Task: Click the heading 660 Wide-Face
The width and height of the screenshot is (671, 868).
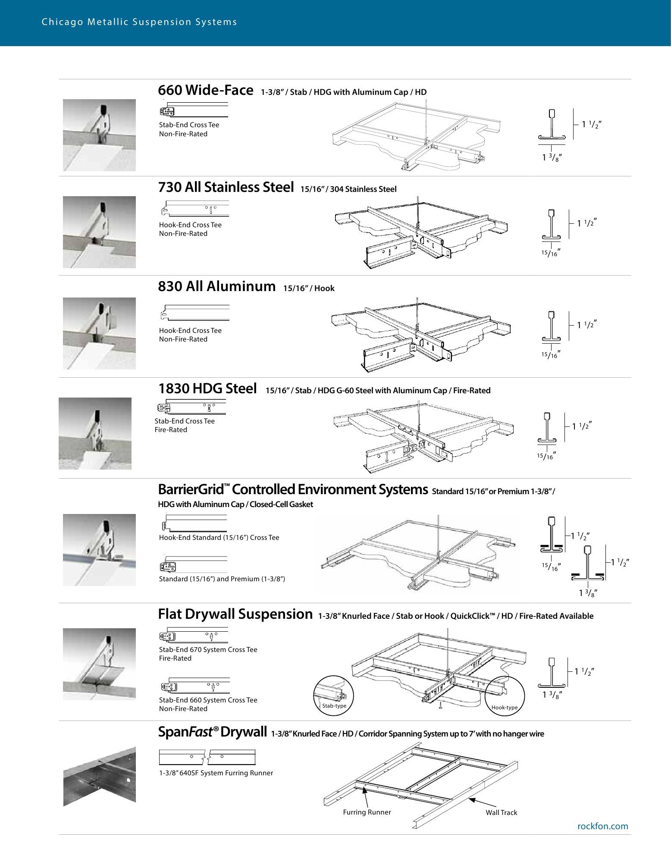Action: pos(205,91)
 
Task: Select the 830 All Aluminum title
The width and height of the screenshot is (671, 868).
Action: pos(216,286)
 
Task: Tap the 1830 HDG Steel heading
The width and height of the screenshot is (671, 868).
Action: pos(207,389)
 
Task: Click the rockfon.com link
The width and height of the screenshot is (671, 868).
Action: pos(602,826)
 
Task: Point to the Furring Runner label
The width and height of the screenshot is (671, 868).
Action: pos(367,812)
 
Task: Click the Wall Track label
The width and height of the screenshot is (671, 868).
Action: pos(501,813)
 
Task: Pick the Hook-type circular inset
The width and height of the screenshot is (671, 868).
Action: pos(505,695)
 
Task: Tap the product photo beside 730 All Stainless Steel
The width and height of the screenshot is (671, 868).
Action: pos(99,232)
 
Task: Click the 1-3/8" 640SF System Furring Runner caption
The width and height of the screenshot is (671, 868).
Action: pos(216,773)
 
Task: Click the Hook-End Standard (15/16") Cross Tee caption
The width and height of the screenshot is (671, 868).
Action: pos(219,538)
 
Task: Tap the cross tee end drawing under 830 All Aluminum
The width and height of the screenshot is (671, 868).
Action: pos(195,313)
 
